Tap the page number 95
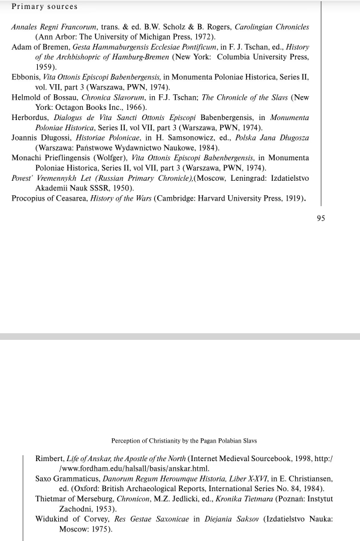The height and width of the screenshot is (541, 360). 320,219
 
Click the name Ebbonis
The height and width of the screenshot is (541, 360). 26,77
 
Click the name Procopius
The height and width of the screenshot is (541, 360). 29,198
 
